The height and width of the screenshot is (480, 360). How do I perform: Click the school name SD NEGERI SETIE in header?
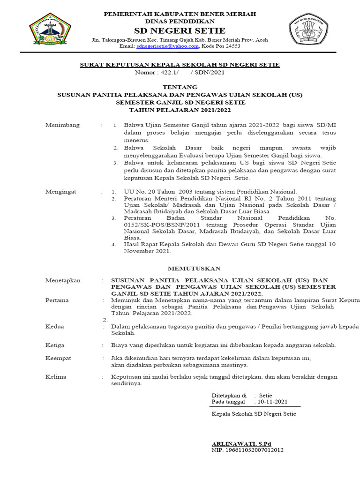tap(180, 31)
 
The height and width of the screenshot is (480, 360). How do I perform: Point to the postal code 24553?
tap(233, 46)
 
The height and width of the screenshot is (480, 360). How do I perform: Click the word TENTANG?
tap(180, 87)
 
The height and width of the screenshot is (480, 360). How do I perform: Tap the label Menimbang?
tap(62, 125)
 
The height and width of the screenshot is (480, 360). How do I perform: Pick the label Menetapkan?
tap(63, 280)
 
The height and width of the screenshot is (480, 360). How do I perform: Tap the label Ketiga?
tap(54, 345)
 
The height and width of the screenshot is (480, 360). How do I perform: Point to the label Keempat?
tap(58, 358)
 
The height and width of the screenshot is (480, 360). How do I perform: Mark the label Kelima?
tap(55, 377)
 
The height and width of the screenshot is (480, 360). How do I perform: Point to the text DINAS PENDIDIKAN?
tap(180, 22)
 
